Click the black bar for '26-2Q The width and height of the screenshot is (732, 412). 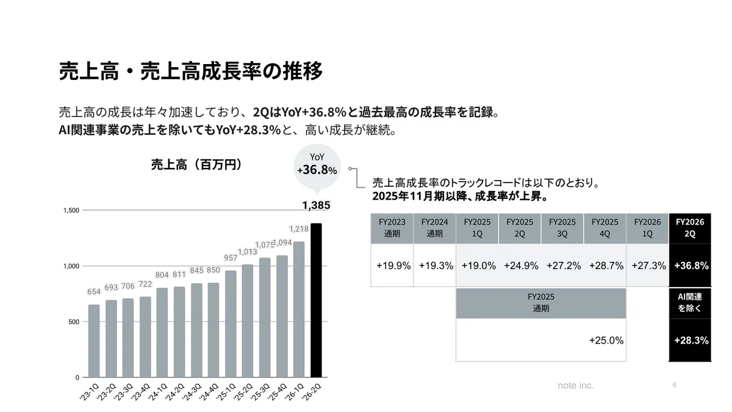pyautogui.click(x=316, y=300)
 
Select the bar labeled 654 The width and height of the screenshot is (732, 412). pyautogui.click(x=94, y=341)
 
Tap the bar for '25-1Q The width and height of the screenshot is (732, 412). pyautogui.click(x=231, y=324)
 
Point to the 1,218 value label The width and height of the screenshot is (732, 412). pyautogui.click(x=299, y=229)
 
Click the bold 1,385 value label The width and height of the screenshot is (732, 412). pyautogui.click(x=316, y=205)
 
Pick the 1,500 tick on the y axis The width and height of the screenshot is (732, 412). pyautogui.click(x=71, y=210)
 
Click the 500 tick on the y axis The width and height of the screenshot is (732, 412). pyautogui.click(x=74, y=322)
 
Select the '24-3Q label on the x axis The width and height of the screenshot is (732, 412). pyautogui.click(x=191, y=392)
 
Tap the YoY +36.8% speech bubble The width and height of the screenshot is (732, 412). pyautogui.click(x=317, y=167)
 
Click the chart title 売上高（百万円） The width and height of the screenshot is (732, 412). pyautogui.click(x=196, y=164)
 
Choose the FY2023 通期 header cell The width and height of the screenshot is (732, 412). pyautogui.click(x=392, y=228)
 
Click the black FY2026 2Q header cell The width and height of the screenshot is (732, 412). pyautogui.click(x=690, y=228)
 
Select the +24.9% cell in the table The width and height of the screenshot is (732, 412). pyautogui.click(x=521, y=266)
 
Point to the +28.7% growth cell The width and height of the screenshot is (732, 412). pyautogui.click(x=606, y=266)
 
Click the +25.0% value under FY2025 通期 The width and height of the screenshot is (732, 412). pyautogui.click(x=606, y=341)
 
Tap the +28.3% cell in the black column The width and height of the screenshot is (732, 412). pyautogui.click(x=691, y=341)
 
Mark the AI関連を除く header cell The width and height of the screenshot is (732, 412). pyautogui.click(x=690, y=303)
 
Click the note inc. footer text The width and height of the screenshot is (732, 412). pyautogui.click(x=575, y=386)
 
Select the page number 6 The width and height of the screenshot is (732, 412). pyautogui.click(x=675, y=385)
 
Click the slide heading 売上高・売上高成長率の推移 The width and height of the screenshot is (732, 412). pyautogui.click(x=190, y=71)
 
